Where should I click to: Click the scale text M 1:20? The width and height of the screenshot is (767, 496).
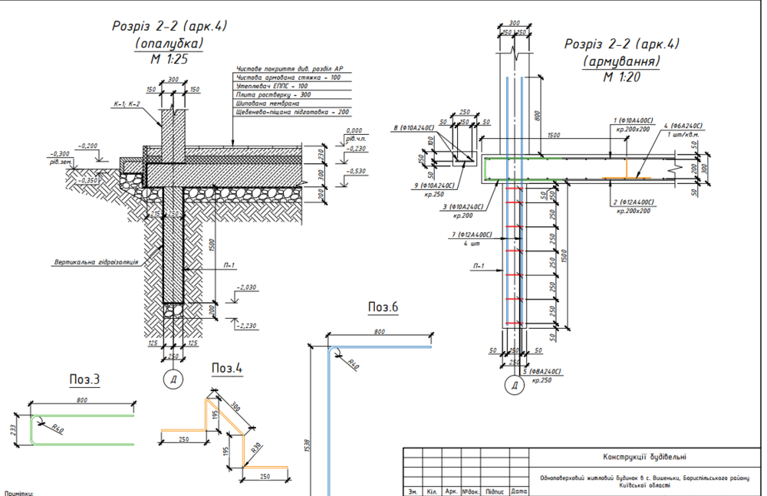(621, 77)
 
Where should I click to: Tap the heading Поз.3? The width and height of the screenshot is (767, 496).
(85, 379)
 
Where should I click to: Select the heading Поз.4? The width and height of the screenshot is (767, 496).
(227, 368)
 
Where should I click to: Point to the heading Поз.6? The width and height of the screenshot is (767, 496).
(383, 307)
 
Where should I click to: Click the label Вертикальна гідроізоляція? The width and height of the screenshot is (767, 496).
(96, 261)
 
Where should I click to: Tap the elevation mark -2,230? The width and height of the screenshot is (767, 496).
(246, 326)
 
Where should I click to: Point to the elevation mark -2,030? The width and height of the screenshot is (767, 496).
(246, 287)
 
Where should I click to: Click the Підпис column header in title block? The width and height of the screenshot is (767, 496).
(495, 491)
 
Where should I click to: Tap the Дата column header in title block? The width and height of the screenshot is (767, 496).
(518, 491)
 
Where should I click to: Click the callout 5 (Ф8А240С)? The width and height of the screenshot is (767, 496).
(548, 372)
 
